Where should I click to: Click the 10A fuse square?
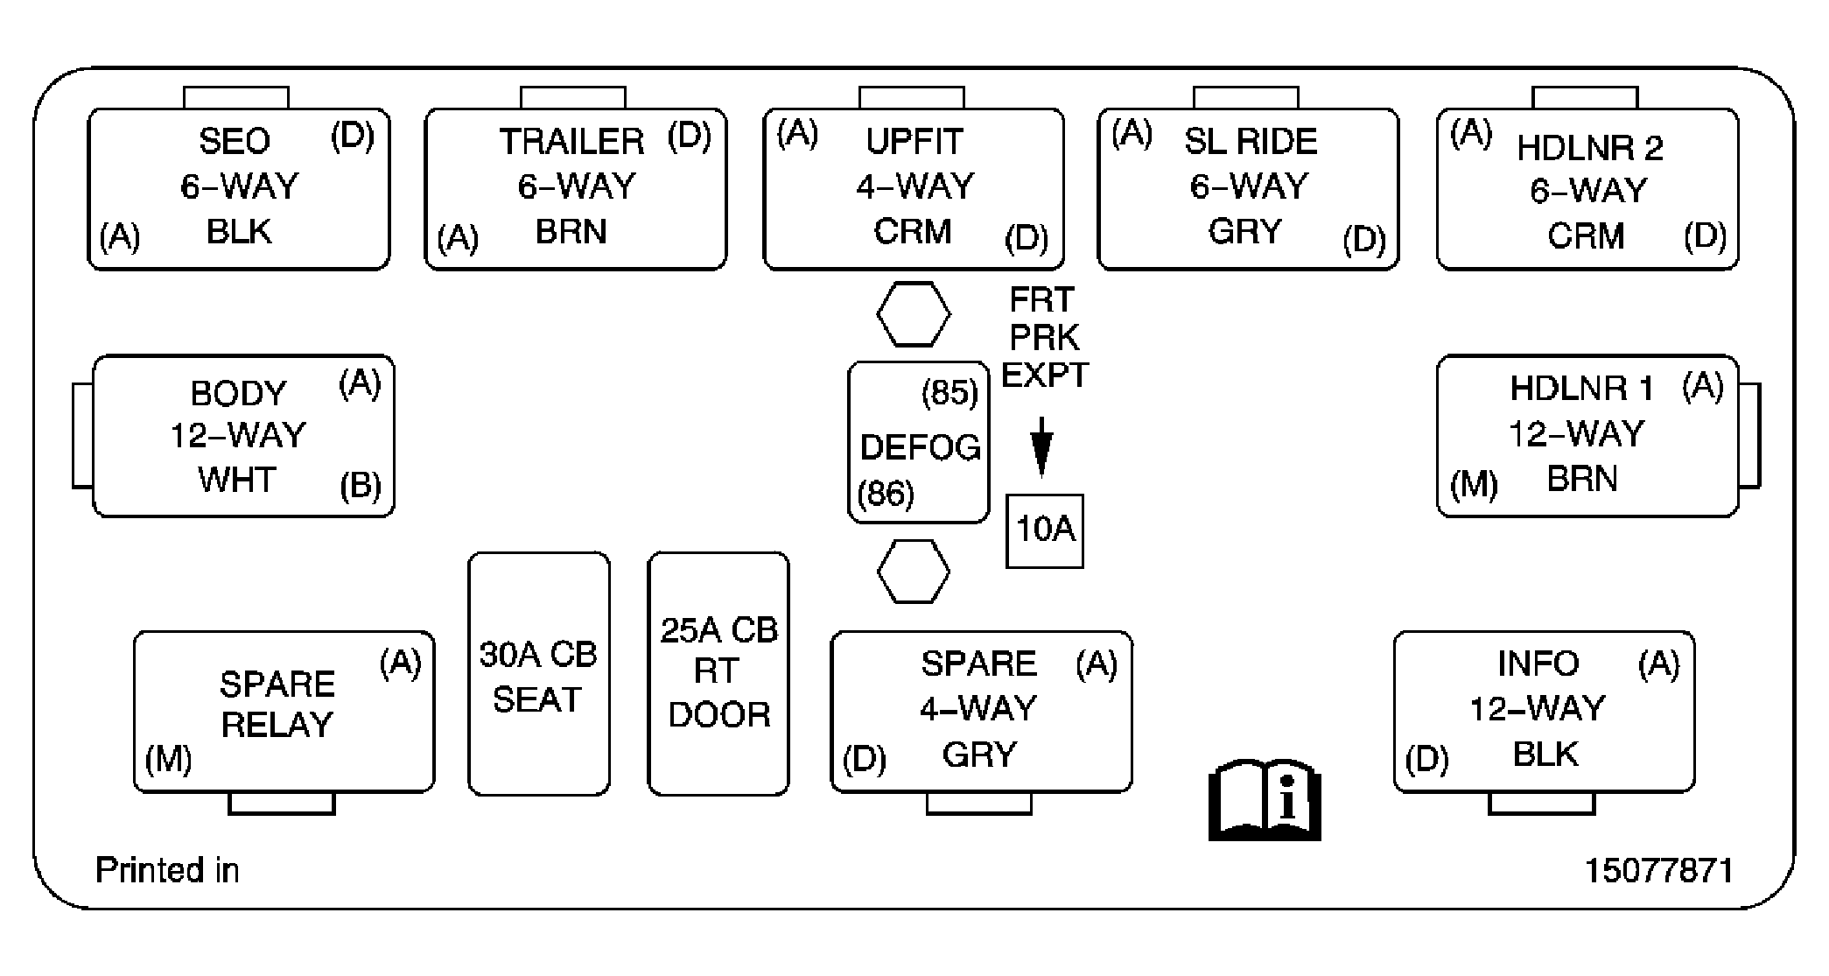pyautogui.click(x=1044, y=530)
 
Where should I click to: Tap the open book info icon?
pyautogui.click(x=1265, y=800)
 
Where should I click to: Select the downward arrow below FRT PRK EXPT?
pyautogui.click(x=1041, y=447)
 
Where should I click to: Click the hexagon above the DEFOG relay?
pyautogui.click(x=913, y=313)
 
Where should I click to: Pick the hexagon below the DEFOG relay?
pyautogui.click(x=913, y=572)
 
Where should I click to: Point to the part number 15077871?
pyautogui.click(x=1658, y=870)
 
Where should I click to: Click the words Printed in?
pyautogui.click(x=166, y=870)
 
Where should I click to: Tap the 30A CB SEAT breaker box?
pyautogui.click(x=538, y=673)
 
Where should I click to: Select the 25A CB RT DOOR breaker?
pyautogui.click(x=718, y=673)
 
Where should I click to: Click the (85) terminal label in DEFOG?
pyautogui.click(x=950, y=393)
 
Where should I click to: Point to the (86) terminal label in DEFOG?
pyautogui.click(x=886, y=494)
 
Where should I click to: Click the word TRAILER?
pyautogui.click(x=571, y=142)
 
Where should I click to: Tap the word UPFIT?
pyautogui.click(x=914, y=141)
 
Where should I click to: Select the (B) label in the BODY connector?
pyautogui.click(x=361, y=486)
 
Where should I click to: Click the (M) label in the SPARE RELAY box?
pyautogui.click(x=168, y=759)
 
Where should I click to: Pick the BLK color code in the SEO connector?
pyautogui.click(x=239, y=232)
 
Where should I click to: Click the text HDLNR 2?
pyautogui.click(x=1589, y=148)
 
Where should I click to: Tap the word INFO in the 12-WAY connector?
pyautogui.click(x=1538, y=664)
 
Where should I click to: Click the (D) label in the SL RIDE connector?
pyautogui.click(x=1363, y=239)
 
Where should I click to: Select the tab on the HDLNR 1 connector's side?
pyautogui.click(x=1749, y=434)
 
